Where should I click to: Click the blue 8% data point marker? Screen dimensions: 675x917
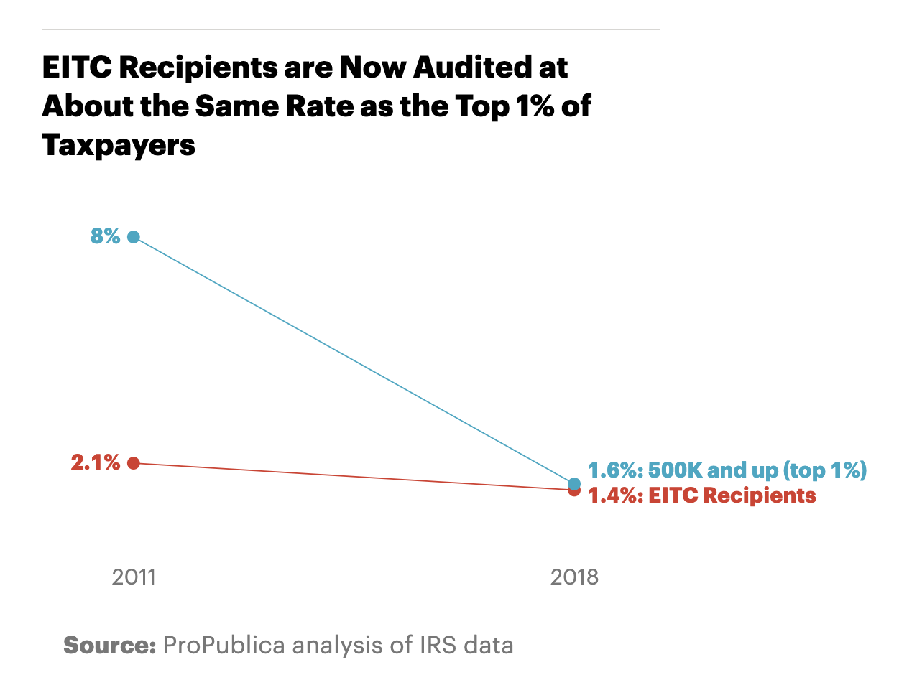pos(133,237)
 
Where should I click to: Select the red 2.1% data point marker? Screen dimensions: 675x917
pos(133,463)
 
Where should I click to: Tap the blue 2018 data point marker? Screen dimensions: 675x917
pos(574,483)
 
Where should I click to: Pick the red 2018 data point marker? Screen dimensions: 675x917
pos(574,490)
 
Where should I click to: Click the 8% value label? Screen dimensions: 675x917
pos(105,236)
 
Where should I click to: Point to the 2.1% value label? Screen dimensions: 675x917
pos(96,463)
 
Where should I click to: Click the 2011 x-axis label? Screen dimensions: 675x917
pos(134,577)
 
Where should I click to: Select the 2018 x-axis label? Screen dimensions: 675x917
pos(574,577)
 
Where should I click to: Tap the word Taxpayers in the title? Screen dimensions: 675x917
pos(119,145)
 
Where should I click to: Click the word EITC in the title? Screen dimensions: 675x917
pos(76,68)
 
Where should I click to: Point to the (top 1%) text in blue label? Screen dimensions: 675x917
pos(824,471)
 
